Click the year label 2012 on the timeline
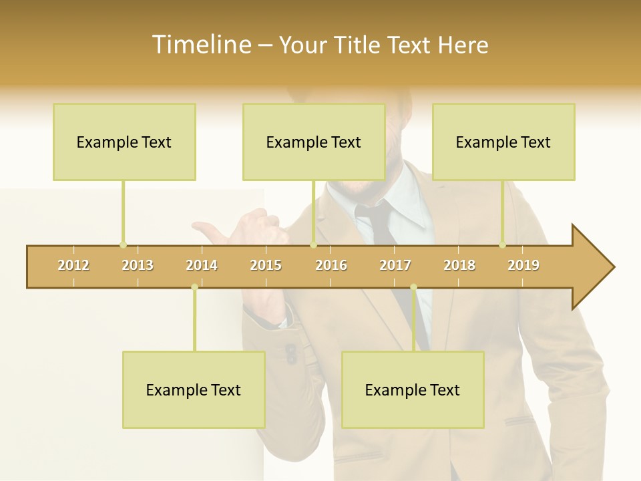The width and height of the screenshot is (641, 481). tap(73, 265)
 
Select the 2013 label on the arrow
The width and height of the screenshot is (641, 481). tap(138, 265)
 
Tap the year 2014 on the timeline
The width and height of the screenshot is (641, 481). tap(202, 265)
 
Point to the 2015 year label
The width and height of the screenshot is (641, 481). tap(266, 265)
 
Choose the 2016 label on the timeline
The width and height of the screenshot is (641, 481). tap(331, 265)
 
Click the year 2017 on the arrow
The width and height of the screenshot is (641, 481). tap(395, 265)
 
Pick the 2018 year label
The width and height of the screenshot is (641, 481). tap(459, 265)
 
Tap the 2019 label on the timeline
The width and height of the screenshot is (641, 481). tap(523, 265)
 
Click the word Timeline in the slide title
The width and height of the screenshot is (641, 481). tap(200, 45)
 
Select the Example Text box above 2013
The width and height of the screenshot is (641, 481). tap(124, 142)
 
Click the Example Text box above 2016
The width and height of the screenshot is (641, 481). tap(314, 142)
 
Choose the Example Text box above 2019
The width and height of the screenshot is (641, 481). tap(503, 142)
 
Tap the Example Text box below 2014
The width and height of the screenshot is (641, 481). tap(194, 389)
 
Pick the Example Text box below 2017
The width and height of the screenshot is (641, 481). tap(413, 389)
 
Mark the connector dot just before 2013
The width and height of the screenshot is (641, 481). tap(123, 245)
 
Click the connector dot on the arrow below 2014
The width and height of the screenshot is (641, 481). tap(194, 287)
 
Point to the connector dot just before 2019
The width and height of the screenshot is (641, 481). tap(502, 245)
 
